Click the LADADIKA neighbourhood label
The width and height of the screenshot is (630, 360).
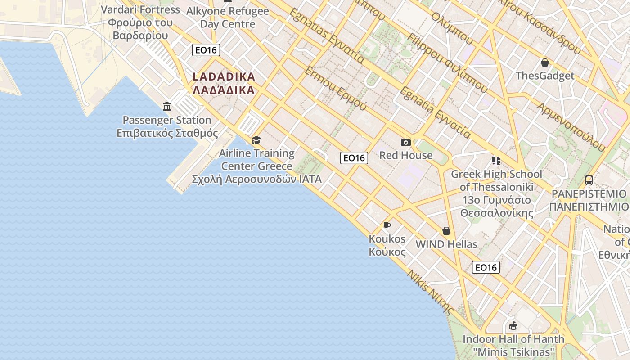pos(224,83)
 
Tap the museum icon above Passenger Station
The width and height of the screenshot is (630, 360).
pos(167,107)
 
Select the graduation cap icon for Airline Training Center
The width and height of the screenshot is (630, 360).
pos(256,140)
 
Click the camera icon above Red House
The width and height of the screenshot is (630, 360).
pos(405,143)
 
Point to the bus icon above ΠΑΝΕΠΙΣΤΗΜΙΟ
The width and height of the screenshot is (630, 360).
pos(589,180)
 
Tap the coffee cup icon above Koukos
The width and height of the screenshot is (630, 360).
pos(387,225)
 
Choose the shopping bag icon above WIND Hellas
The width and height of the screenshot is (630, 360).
pos(446,231)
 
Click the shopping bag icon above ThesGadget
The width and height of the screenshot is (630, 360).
pos(545,63)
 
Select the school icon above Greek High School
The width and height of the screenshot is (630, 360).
pos(496,161)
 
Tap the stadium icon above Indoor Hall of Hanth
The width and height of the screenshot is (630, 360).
pos(513,326)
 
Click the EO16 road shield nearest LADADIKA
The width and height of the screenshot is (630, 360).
pos(206,50)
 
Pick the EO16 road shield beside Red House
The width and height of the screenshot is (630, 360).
pos(354,157)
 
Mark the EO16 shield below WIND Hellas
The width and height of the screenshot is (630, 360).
pos(486,267)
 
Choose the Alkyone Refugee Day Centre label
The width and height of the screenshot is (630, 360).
pos(228,18)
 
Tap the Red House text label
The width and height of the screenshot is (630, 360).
pos(406,155)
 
